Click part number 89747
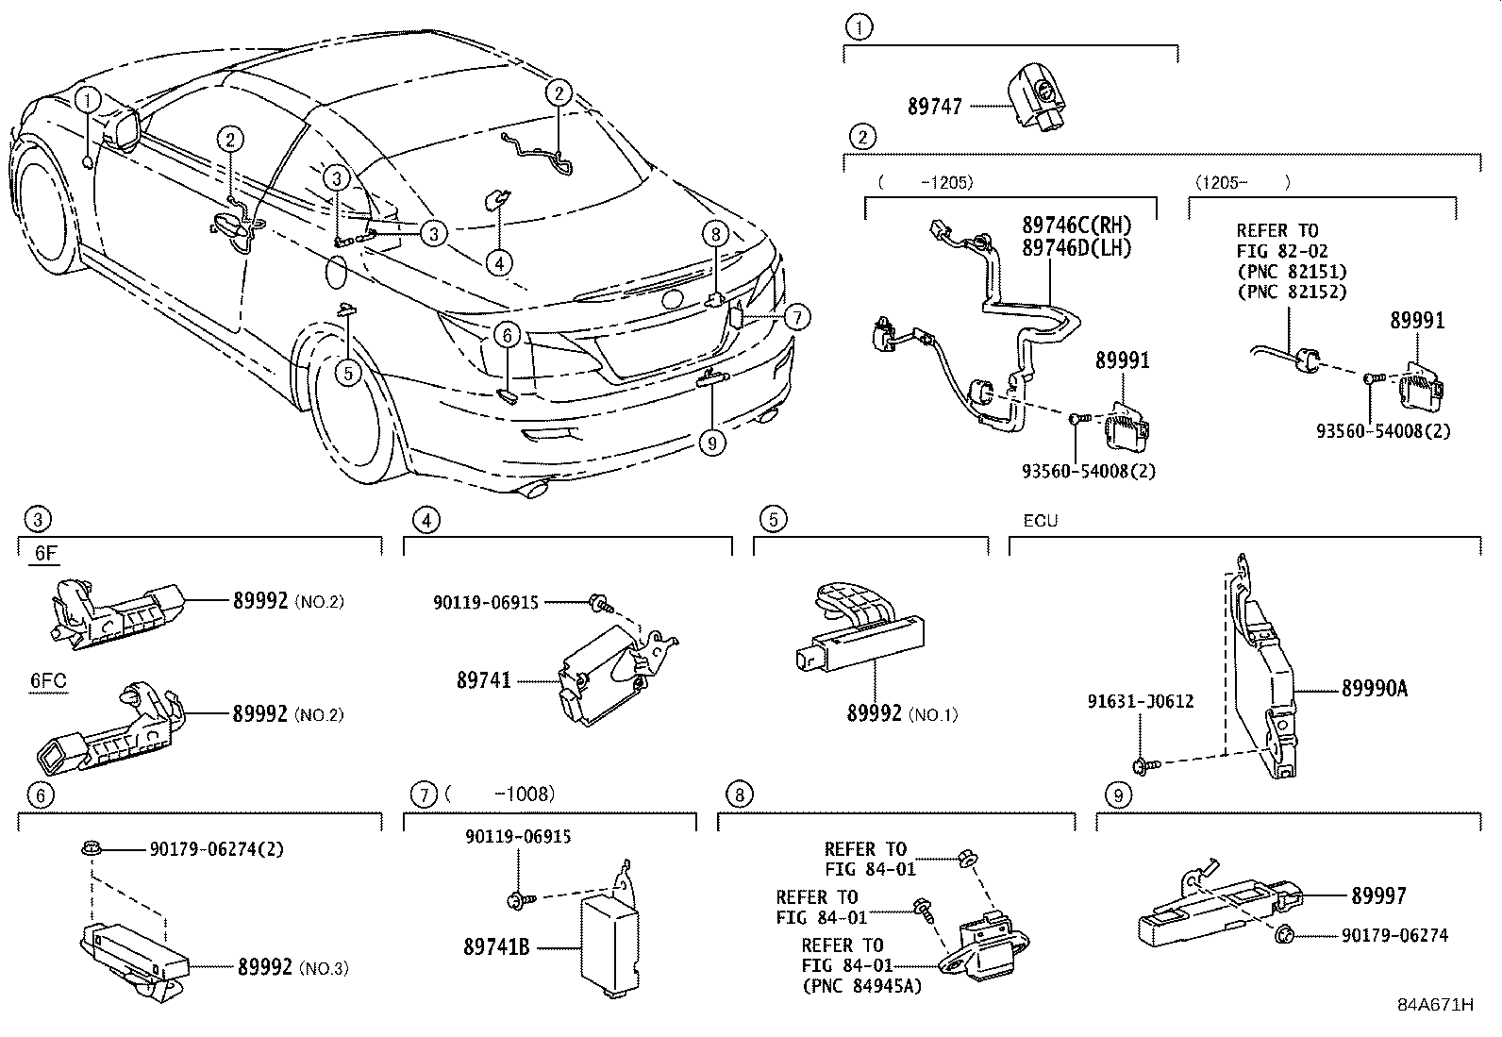click(935, 107)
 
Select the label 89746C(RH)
click(1076, 226)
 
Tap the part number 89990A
click(1374, 689)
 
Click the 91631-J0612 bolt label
click(1140, 701)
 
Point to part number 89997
click(1378, 895)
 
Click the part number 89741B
click(495, 945)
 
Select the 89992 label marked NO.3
click(262, 966)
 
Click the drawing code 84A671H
click(1435, 1005)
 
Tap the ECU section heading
click(1040, 521)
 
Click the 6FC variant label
click(48, 680)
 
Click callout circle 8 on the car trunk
click(716, 233)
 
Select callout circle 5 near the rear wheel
click(348, 373)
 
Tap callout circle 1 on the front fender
click(87, 98)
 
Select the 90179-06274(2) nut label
click(216, 849)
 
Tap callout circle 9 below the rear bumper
click(711, 441)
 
